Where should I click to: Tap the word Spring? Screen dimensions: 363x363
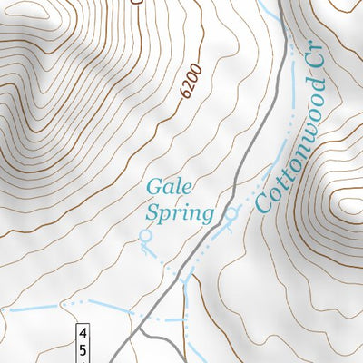[x=179, y=214]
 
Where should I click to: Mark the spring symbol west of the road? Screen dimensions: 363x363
[x=143, y=236]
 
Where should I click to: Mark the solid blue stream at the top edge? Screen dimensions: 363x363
[x=269, y=9]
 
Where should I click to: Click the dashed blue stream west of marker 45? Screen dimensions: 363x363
[x=54, y=305]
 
